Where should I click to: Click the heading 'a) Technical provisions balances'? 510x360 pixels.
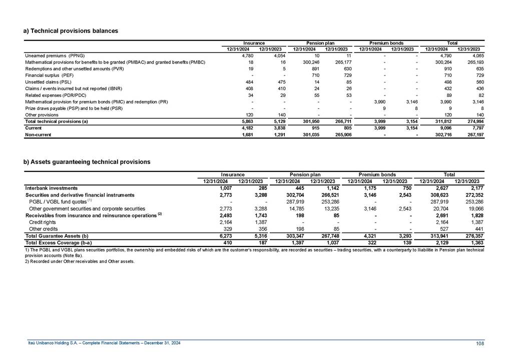click(x=71, y=31)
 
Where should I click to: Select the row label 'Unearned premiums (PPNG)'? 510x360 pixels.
click(x=55, y=55)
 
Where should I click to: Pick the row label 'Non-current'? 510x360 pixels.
click(x=38, y=134)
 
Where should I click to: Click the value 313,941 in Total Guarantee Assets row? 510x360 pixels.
click(x=433, y=235)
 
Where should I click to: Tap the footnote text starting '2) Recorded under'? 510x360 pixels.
click(x=80, y=261)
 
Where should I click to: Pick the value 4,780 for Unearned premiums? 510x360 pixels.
click(x=242, y=55)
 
